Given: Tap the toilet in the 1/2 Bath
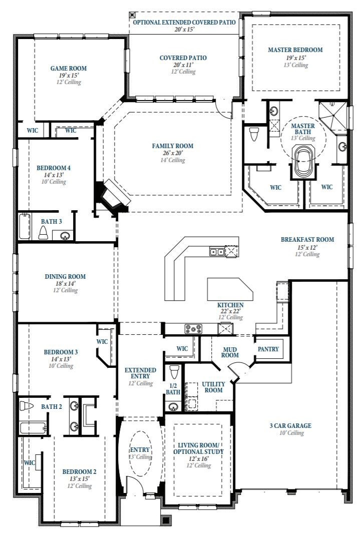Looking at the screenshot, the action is (x=174, y=371).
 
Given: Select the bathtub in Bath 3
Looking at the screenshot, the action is (x=25, y=226).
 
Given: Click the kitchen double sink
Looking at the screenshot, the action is (x=217, y=252).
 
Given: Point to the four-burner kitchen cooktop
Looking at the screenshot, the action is (x=193, y=329).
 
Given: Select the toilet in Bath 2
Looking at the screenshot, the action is (x=27, y=406).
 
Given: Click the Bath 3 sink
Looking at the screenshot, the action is (x=64, y=235).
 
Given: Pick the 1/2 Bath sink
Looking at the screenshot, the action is (x=173, y=406).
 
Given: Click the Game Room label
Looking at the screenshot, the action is (x=68, y=69).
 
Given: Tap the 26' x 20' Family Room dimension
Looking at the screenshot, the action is (x=173, y=153).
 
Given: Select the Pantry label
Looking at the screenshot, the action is (x=268, y=349).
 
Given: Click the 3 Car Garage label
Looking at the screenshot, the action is (x=290, y=425).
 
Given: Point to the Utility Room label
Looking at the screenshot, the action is (x=213, y=387).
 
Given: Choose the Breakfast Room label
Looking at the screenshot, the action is (x=307, y=239).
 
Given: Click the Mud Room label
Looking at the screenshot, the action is (x=230, y=352).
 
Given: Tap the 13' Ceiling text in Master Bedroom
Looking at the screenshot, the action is (x=296, y=65).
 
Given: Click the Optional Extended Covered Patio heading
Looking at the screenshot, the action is (x=184, y=23).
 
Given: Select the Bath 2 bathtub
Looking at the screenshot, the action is (x=33, y=427).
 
